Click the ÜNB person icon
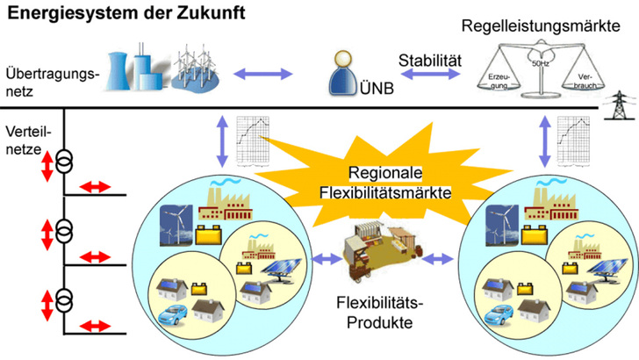pos(343,74)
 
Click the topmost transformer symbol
pos(64,162)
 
